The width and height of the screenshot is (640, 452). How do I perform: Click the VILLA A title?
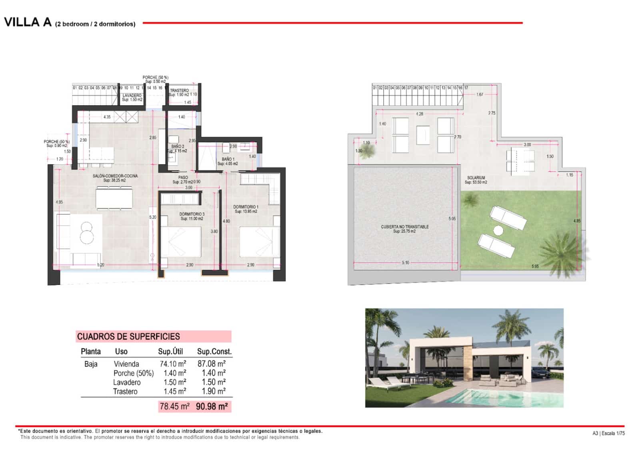pos(28,22)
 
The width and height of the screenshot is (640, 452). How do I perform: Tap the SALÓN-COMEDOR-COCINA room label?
pos(115,176)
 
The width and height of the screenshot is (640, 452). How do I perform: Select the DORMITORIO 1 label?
pos(246,207)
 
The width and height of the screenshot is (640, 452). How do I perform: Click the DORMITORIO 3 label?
pos(192,214)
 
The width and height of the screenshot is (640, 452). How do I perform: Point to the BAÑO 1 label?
pos(228,159)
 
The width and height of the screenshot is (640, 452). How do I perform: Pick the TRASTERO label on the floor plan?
pos(179,90)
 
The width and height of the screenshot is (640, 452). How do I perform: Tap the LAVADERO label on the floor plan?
pos(132,96)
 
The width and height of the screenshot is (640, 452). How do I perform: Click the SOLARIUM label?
pos(476,178)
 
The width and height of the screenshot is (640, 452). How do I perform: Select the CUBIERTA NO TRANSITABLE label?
pos(405,227)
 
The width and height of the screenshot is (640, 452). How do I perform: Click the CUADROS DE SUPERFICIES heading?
pos(128,336)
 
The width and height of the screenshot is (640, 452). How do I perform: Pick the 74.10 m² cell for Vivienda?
pos(173,364)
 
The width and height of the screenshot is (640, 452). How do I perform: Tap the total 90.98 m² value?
pos(212,406)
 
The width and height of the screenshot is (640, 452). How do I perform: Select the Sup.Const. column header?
pos(214,352)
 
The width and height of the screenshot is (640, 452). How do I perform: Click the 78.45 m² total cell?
pos(174,406)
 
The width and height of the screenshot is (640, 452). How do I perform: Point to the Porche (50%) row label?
pos(134,373)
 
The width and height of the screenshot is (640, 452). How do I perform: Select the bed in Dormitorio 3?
pos(181,242)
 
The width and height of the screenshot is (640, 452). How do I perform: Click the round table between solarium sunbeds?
pos(498,230)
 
